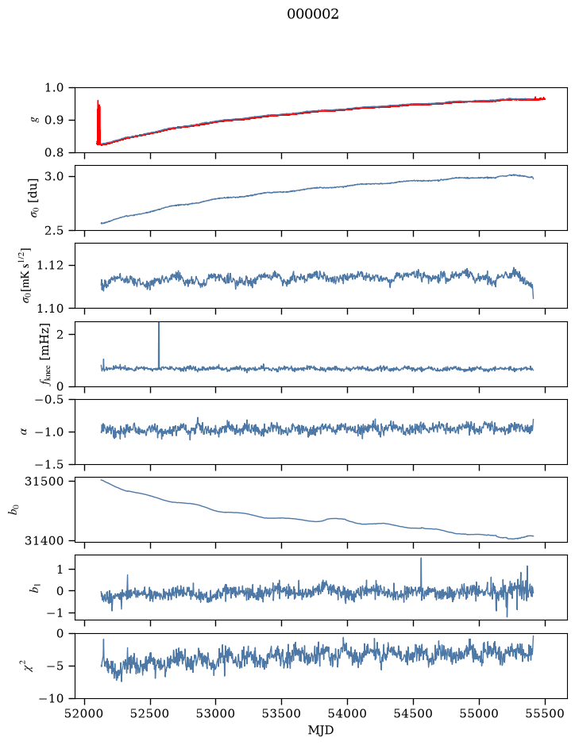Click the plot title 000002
[312, 14]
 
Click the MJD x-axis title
[321, 730]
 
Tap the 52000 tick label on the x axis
[85, 713]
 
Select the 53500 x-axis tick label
[282, 713]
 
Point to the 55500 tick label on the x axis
[545, 713]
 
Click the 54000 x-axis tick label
[347, 713]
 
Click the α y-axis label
[25, 432]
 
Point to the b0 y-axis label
[15, 510]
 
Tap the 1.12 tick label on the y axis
[56, 265]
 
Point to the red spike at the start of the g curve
[98, 122]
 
